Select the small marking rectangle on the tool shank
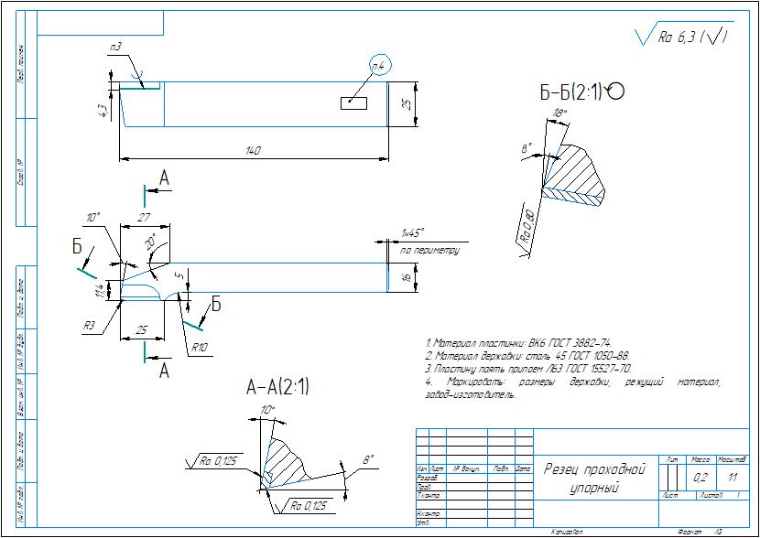coord(354,102)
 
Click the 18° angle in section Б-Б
coord(561,113)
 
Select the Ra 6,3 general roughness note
coord(681,37)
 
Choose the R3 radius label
coord(90,325)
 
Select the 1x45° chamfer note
coord(413,233)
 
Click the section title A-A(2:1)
coord(278,387)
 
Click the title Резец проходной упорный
coord(595,479)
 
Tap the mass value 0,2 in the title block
coord(700,477)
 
